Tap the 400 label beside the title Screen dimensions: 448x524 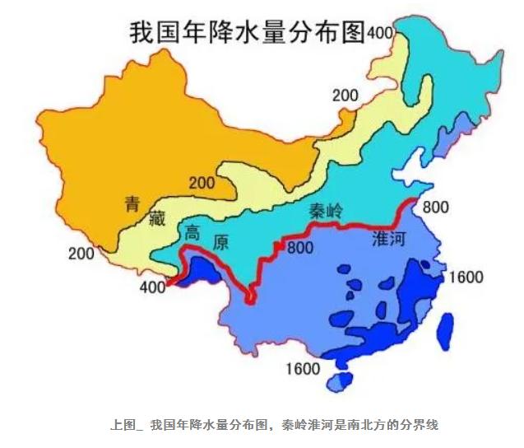coord(381,32)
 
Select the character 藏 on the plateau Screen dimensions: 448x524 coord(156,217)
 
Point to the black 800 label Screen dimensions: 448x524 coord(435,208)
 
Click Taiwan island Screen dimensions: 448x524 coord(446,329)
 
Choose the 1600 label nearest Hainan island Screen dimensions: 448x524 coord(302,368)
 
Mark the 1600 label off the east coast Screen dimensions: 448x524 coord(466,277)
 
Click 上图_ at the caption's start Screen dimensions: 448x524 coord(127,425)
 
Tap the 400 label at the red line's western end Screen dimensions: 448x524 coord(152,287)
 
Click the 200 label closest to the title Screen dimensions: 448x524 coord(345,96)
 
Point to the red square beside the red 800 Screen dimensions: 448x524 coord(281,245)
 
